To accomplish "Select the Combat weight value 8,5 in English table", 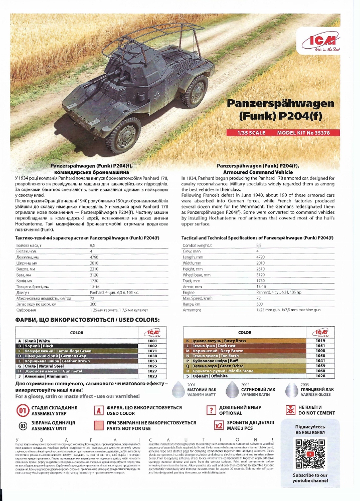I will point(259,245).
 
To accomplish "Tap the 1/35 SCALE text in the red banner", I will point(250,133).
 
